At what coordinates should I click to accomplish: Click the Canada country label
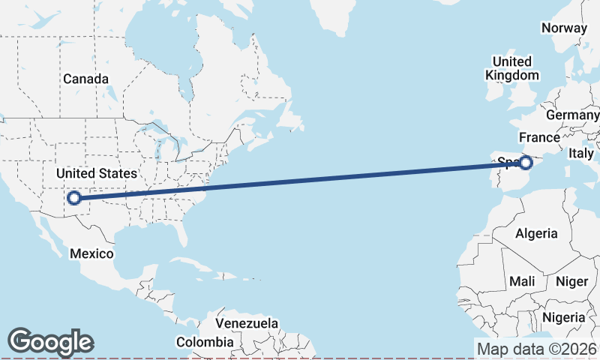click(x=85, y=79)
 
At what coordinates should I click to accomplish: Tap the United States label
click(x=97, y=174)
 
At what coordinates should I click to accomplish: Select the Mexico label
click(x=91, y=253)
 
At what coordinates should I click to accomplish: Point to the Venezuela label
click(x=247, y=323)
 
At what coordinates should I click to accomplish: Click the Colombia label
click(x=205, y=342)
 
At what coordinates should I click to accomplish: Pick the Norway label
click(x=564, y=28)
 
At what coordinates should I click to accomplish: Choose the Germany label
click(x=572, y=115)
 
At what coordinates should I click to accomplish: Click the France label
click(x=539, y=137)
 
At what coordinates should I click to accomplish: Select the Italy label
click(x=580, y=153)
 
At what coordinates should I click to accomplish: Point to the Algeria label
click(x=536, y=233)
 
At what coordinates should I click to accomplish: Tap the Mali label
click(x=521, y=281)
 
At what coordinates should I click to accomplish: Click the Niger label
click(x=571, y=281)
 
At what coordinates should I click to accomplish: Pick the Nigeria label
click(x=564, y=317)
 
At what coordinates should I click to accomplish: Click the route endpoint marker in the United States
click(x=73, y=198)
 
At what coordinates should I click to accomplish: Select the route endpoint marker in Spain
click(x=526, y=162)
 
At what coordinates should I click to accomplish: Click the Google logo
click(x=51, y=342)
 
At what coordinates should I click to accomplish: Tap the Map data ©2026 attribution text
click(x=537, y=349)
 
